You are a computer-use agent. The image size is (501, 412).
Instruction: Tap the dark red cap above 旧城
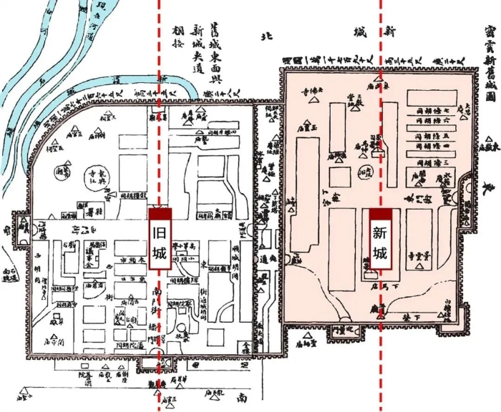[160, 212]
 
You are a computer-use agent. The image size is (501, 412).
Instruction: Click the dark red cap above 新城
[380, 212]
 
